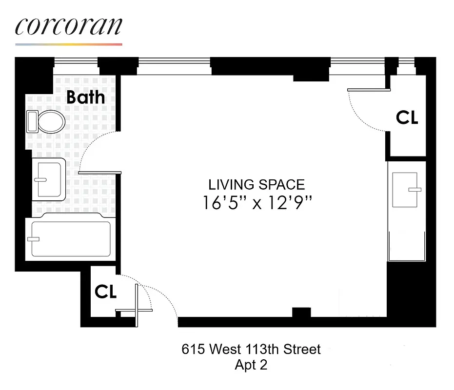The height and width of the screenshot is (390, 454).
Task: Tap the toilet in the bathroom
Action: pos(50,121)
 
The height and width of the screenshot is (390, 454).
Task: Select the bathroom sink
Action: pos(48,179)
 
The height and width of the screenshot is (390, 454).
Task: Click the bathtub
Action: pos(71,239)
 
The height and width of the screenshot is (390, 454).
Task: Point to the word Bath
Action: pos(85,97)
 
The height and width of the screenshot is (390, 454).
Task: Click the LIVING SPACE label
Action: pos(257,185)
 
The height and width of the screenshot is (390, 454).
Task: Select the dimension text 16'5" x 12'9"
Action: pos(257,202)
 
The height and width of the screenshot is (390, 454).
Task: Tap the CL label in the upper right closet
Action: pos(407,117)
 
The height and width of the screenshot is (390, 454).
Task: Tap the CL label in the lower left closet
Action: pos(105,292)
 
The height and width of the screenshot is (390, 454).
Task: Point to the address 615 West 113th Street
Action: pos(251,349)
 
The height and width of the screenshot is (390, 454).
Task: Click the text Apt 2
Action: pos(251,365)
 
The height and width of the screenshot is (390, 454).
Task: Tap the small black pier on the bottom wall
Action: pos(301,312)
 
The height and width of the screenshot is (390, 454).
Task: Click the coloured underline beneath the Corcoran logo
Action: pos(68,44)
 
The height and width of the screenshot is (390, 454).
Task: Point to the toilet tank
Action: pos(32,121)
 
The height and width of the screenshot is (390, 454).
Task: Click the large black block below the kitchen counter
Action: pos(411,292)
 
